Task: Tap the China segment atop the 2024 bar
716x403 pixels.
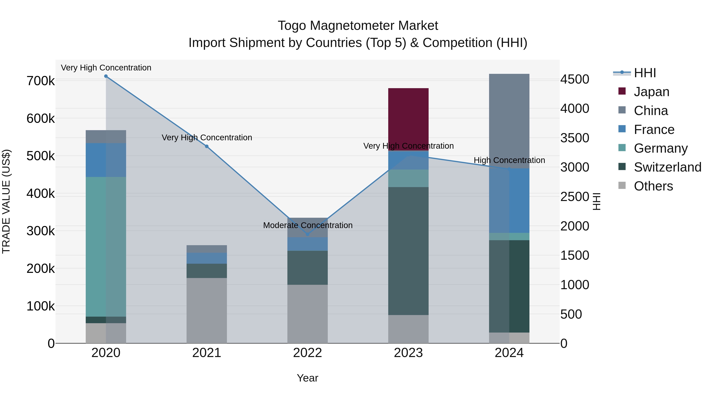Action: [x=509, y=121]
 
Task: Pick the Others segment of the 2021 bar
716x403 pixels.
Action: [x=206, y=310]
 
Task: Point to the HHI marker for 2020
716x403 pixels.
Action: [x=106, y=76]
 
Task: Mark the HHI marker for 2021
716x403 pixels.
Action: [x=206, y=146]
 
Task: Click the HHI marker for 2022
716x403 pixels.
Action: [x=307, y=234]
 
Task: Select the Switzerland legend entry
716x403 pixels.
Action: [x=667, y=167]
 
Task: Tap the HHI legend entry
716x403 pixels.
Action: [x=645, y=73]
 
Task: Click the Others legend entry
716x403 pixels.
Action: [x=653, y=186]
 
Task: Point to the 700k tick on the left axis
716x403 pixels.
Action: [x=41, y=81]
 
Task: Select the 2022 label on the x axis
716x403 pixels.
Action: [x=307, y=353]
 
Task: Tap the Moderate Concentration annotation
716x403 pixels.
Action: [x=308, y=225]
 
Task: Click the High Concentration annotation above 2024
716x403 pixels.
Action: [x=509, y=160]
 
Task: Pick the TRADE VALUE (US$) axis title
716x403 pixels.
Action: [x=6, y=201]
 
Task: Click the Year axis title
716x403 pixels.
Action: [x=307, y=378]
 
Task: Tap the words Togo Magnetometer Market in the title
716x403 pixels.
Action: [x=358, y=26]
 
